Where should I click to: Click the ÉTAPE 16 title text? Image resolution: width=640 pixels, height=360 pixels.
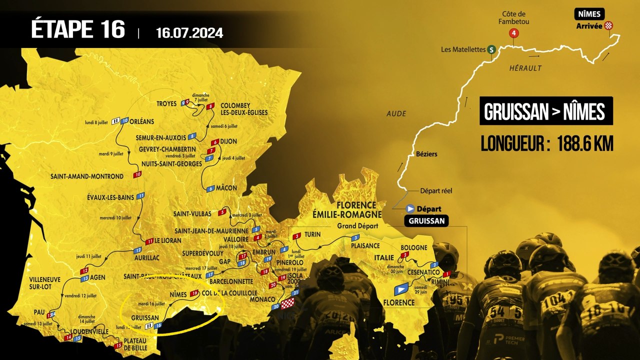[78, 29]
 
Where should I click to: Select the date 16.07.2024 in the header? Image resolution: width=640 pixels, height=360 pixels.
[189, 33]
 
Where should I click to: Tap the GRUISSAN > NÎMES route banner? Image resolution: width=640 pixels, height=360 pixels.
[545, 111]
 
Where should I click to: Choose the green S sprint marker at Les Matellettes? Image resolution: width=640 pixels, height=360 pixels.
[492, 49]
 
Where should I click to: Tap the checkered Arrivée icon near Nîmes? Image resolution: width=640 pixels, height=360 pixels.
[608, 25]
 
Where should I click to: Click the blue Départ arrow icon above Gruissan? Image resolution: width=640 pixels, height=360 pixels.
[410, 209]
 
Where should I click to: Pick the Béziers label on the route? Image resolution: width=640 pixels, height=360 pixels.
[426, 154]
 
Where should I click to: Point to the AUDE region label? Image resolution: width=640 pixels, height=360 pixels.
[396, 114]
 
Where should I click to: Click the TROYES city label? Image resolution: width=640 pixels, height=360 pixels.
[166, 104]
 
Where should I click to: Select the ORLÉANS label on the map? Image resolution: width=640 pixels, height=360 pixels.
[144, 120]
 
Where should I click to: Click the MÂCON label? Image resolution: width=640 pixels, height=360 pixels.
[226, 188]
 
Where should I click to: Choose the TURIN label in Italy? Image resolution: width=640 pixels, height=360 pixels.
[312, 234]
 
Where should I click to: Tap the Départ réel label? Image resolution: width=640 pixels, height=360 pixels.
[436, 190]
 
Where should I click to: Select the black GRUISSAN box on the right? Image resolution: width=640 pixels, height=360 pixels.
[426, 221]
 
